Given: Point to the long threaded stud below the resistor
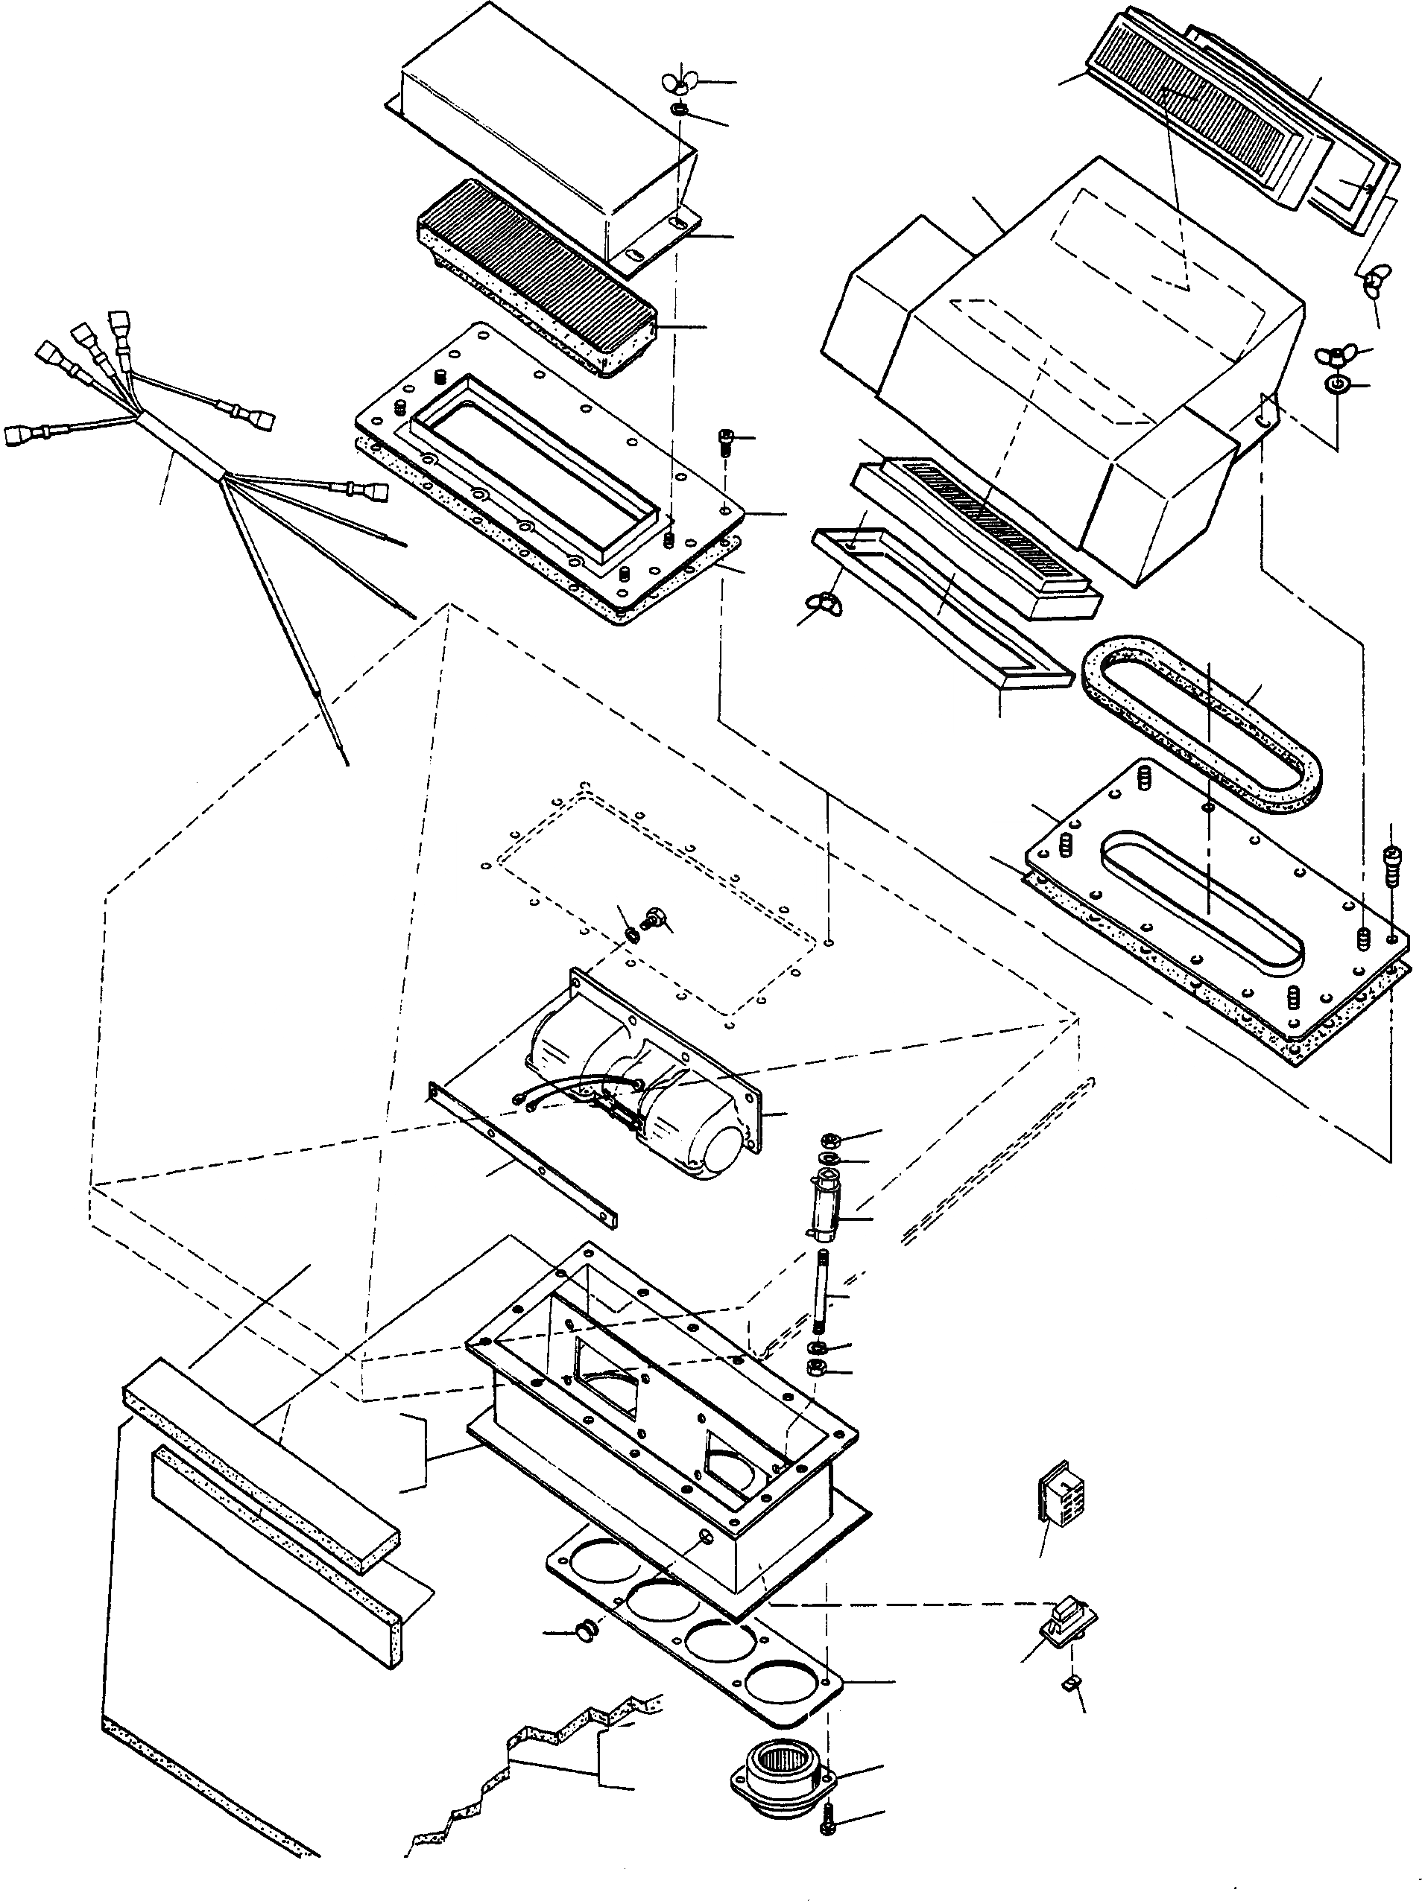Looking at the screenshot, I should [821, 1297].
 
